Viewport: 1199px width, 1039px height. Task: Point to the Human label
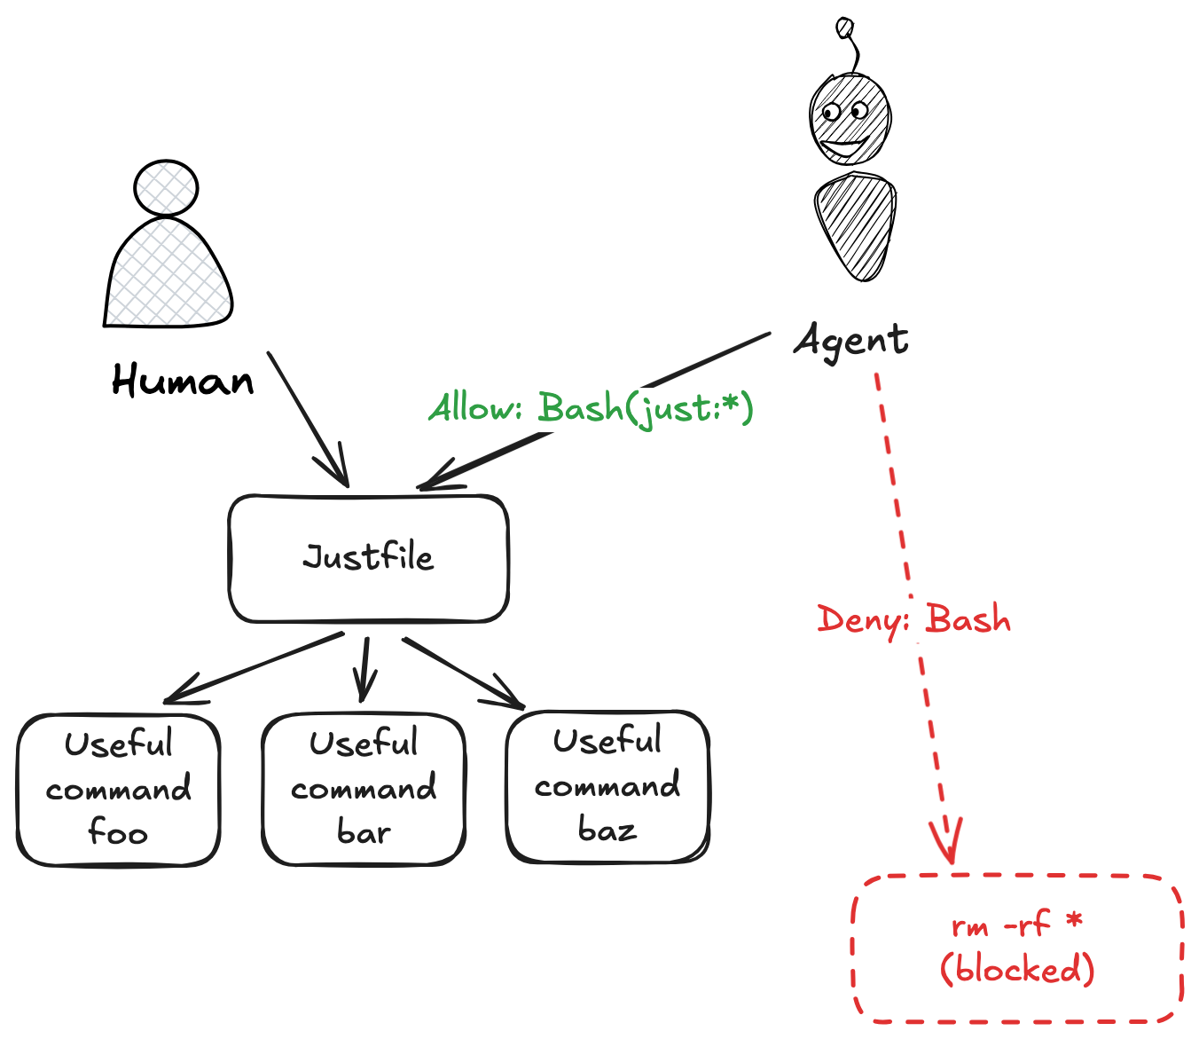(x=183, y=380)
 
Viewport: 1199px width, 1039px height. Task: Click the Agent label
(x=851, y=342)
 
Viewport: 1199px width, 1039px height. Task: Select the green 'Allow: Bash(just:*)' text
(x=591, y=409)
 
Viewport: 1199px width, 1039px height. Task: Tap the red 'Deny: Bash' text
(x=913, y=620)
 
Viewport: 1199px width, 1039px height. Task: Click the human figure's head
(x=166, y=188)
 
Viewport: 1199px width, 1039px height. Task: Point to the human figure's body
(x=168, y=272)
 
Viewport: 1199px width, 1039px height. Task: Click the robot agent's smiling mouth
(x=844, y=147)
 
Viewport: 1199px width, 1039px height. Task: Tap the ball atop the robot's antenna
(x=844, y=28)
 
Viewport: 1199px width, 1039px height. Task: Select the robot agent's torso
(x=855, y=226)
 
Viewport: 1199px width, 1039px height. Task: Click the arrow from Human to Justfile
(x=308, y=419)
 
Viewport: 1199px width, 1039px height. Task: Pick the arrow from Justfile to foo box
(x=254, y=668)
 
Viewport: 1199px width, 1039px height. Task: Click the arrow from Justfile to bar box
(x=364, y=669)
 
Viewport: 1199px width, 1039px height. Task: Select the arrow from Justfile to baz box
(x=464, y=673)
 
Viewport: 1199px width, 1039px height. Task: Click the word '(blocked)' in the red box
(x=1017, y=968)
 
